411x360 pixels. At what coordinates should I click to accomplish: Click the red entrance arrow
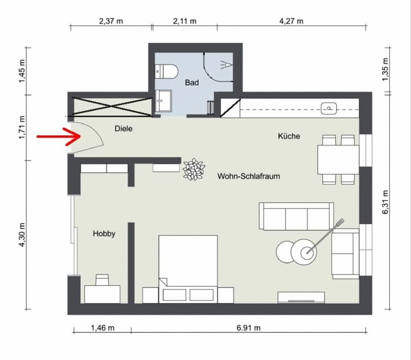click(59, 136)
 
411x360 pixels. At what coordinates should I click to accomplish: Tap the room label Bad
click(192, 83)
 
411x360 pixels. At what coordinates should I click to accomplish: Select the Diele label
click(123, 129)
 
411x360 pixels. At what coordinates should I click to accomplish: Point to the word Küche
click(289, 136)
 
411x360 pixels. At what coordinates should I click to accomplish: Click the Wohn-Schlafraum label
click(249, 176)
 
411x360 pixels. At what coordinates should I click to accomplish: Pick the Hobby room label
click(104, 233)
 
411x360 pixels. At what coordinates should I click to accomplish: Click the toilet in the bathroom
click(166, 71)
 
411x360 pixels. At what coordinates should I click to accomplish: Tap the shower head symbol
click(226, 65)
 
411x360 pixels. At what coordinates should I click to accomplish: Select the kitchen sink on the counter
click(329, 109)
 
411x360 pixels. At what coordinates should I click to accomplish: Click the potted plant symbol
click(194, 170)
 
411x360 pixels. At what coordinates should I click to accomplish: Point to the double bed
click(188, 269)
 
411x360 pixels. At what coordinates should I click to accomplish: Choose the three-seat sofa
click(296, 216)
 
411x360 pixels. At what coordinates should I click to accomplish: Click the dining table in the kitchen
click(338, 160)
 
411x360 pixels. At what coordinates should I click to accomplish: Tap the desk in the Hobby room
click(102, 294)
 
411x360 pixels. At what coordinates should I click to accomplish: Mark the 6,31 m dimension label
click(385, 202)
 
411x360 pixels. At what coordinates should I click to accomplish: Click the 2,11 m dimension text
click(184, 21)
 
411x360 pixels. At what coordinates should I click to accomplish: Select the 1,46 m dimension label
click(102, 328)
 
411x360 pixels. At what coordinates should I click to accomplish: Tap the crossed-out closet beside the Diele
click(112, 106)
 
